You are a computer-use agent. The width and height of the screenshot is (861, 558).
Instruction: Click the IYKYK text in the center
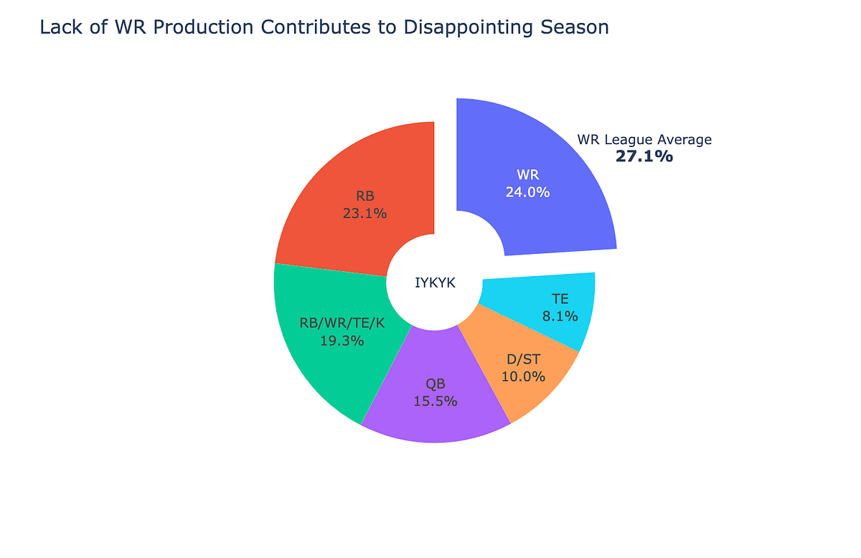coord(435,283)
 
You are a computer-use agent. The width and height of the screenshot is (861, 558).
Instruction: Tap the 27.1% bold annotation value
coord(644,156)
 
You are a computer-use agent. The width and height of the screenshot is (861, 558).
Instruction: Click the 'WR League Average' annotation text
coord(644,140)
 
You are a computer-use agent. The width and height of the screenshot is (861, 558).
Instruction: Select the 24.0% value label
coord(527,192)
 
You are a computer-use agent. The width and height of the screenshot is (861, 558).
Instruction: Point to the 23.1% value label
coord(364,213)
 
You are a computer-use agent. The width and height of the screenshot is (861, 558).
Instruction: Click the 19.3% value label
coord(342,341)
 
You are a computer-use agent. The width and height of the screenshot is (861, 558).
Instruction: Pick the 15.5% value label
coord(436,402)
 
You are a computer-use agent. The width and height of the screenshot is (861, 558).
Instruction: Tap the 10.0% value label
coord(523,376)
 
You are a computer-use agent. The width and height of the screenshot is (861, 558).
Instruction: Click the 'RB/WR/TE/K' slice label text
coord(342,323)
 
